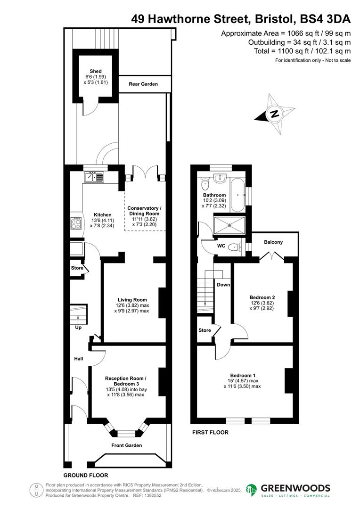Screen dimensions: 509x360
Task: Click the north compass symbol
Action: (x=274, y=114)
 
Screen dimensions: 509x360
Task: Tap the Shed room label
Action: (x=96, y=71)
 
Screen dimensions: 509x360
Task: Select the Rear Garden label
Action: (x=143, y=84)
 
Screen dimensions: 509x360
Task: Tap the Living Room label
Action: (x=132, y=299)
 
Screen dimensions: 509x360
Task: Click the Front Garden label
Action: (x=126, y=445)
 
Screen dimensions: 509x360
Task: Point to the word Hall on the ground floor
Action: (x=78, y=359)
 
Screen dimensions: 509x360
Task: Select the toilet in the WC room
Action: (x=234, y=246)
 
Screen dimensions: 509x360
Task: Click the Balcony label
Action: (x=273, y=242)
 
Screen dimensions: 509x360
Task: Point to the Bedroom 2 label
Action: (x=262, y=297)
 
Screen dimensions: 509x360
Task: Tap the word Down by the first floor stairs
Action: (x=223, y=285)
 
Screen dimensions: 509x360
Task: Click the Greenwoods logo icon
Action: (x=252, y=491)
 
